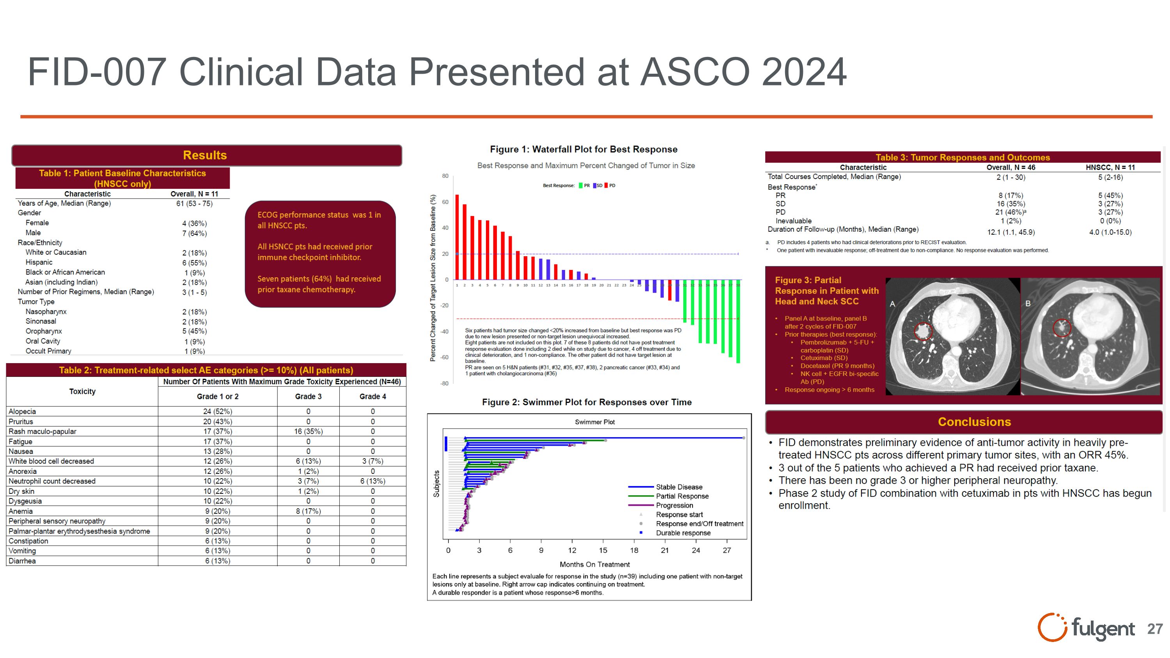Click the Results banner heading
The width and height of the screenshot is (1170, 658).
coord(205,155)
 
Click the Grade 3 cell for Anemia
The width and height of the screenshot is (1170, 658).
coord(308,511)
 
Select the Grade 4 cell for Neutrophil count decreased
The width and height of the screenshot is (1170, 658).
coord(372,481)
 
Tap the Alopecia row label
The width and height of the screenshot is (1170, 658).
coord(22,411)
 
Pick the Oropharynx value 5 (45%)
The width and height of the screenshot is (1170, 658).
coord(194,332)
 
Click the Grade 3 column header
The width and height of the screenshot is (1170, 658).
coord(308,396)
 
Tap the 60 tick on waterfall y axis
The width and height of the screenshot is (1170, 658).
coord(445,202)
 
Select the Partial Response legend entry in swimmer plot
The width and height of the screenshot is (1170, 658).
coord(682,497)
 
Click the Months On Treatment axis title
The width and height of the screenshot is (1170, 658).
coord(594,564)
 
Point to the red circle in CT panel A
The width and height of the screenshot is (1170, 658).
coord(922,331)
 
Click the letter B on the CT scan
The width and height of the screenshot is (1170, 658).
coord(1028,303)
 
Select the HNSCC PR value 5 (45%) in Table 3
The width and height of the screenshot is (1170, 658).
coord(1110,196)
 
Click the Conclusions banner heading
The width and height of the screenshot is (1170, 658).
coord(974,422)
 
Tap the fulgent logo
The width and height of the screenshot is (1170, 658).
coord(1085,628)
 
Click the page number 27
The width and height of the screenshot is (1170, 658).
coord(1154,629)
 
